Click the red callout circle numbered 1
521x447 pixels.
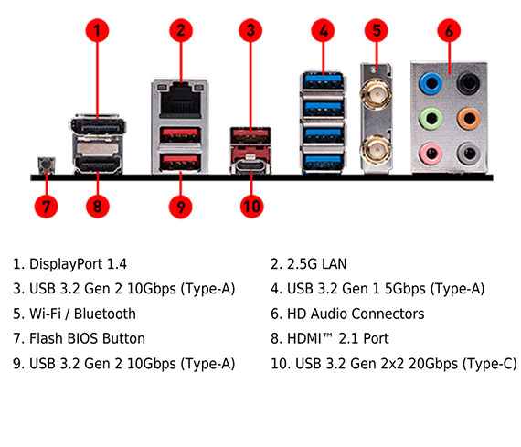pos(97,30)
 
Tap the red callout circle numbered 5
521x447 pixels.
pos(377,30)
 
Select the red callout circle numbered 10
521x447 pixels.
pos(251,207)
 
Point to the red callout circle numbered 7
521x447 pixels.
pos(47,207)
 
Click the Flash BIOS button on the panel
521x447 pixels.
pos(47,165)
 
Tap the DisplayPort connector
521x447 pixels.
pos(98,125)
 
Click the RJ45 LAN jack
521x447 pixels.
pos(180,102)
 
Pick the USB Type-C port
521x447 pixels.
pos(250,165)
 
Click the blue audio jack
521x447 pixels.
pos(431,83)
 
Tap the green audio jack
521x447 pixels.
pos(431,118)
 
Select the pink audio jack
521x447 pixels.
pos(431,154)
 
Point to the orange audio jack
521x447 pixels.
pos(469,118)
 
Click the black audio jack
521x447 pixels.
pos(469,83)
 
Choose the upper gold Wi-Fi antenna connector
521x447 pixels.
pos(377,95)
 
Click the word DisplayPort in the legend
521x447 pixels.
pos(66,264)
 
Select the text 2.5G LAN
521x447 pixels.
pos(316,264)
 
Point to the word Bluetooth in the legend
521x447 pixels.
pos(105,314)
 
